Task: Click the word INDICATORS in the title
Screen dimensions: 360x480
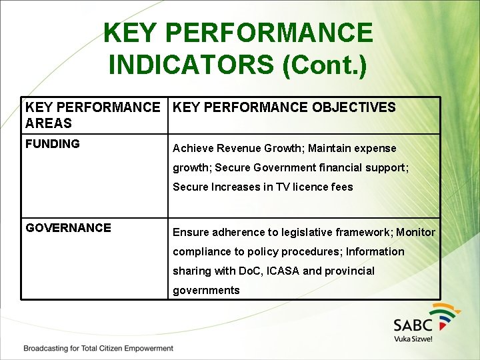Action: pyautogui.click(x=190, y=65)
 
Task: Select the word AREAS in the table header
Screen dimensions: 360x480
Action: pyautogui.click(x=49, y=123)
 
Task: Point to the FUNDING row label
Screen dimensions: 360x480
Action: pyautogui.click(x=53, y=144)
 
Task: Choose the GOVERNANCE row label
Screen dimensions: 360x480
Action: pyautogui.click(x=68, y=228)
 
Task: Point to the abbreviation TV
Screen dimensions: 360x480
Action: pyautogui.click(x=273, y=187)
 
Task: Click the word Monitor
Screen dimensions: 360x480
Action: pyautogui.click(x=415, y=233)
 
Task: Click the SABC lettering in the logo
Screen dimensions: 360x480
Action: pyautogui.click(x=413, y=325)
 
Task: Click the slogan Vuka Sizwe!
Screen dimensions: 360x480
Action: pyautogui.click(x=413, y=339)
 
